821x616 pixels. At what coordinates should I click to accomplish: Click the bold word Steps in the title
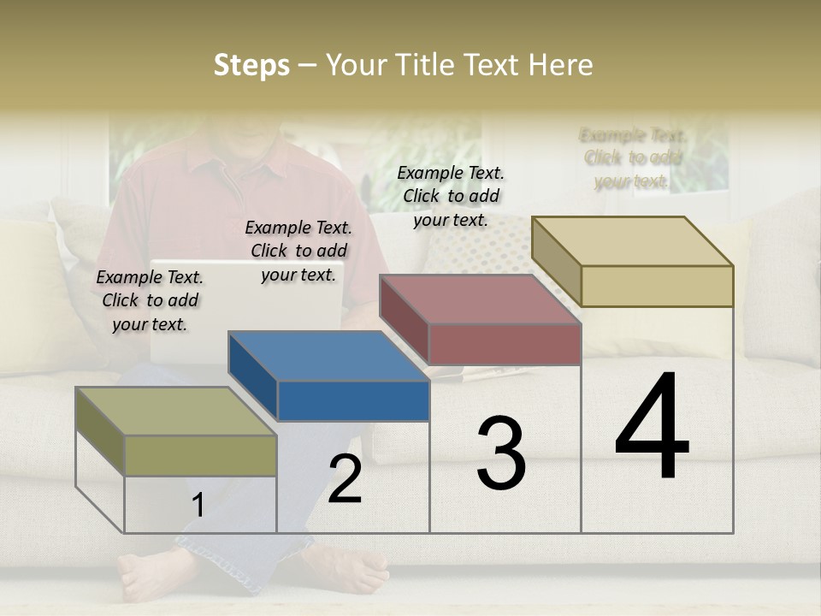tap(251, 65)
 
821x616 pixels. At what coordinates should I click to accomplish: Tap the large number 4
tap(652, 428)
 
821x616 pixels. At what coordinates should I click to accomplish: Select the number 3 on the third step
tap(501, 453)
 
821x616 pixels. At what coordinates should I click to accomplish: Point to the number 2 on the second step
tap(345, 480)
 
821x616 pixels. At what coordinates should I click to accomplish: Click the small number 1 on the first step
tap(198, 506)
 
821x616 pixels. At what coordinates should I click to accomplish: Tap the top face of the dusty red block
tap(479, 299)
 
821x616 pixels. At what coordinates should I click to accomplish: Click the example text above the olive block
tap(150, 300)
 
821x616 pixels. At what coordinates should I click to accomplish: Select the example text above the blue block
tap(298, 251)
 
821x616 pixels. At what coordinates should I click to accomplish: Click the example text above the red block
tap(451, 196)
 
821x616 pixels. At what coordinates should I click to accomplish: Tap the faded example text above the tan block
tap(632, 158)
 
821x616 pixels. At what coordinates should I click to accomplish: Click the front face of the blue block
tap(353, 400)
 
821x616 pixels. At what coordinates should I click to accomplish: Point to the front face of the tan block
tap(656, 286)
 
